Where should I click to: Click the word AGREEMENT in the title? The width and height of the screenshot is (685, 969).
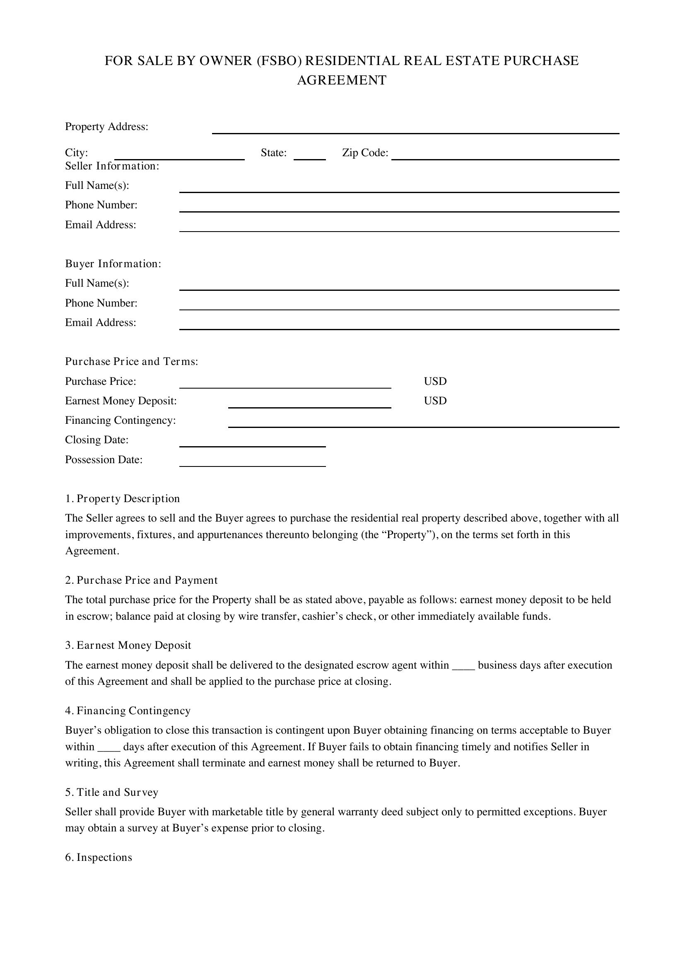click(x=342, y=80)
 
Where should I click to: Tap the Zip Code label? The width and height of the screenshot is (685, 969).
click(x=365, y=153)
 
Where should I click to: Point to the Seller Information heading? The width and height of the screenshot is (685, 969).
click(x=112, y=166)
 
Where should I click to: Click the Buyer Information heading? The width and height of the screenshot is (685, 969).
click(x=113, y=264)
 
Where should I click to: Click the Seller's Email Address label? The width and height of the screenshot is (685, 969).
click(x=100, y=225)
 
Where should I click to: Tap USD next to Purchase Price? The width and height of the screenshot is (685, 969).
click(x=435, y=381)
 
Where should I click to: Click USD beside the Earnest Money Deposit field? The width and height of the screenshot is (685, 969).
click(x=435, y=401)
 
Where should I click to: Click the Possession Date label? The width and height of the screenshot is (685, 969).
click(x=104, y=459)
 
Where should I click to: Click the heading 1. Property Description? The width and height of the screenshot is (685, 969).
click(x=122, y=498)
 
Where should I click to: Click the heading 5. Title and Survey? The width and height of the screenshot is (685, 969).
click(x=112, y=792)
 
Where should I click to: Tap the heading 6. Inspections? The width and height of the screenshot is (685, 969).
click(x=99, y=857)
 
